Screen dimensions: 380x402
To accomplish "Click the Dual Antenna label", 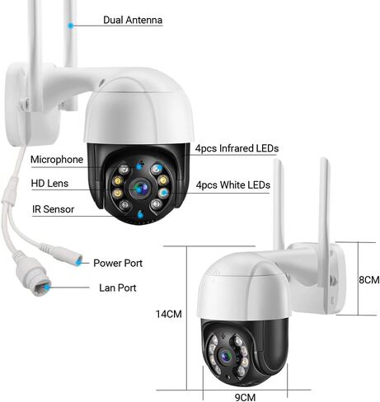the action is pos(133,20).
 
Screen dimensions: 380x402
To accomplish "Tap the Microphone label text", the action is pos(57,160).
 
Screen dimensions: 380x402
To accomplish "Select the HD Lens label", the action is pos(49,184).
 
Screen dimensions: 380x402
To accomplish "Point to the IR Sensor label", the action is pos(53,209).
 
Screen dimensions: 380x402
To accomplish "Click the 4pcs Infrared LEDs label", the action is pos(237,148).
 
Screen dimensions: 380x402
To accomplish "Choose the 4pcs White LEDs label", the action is pos(233,185).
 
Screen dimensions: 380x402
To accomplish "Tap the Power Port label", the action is pos(118,263).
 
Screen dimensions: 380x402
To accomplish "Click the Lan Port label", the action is pos(118,287).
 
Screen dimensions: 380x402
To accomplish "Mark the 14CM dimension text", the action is pos(169,314).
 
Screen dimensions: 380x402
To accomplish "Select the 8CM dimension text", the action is pos(369,280).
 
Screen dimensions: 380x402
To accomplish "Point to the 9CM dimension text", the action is pos(245,397).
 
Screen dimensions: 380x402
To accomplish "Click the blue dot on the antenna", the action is pos(71,26).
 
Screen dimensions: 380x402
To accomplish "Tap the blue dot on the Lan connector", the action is pos(48,287).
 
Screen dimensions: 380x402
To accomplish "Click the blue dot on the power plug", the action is pos(79,263).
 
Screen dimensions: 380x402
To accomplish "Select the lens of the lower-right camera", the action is pos(226,356).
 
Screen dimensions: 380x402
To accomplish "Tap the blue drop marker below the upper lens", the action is pos(140,214).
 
